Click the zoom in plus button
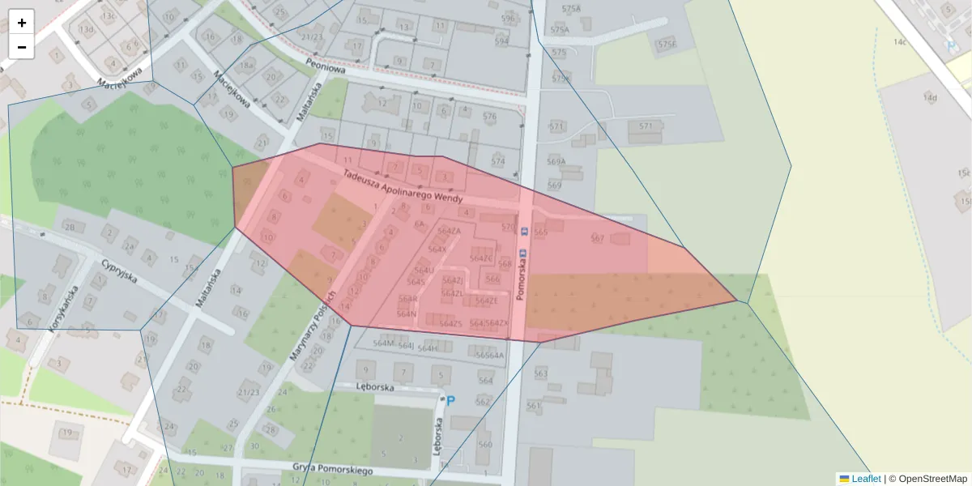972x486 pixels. pyautogui.click(x=22, y=22)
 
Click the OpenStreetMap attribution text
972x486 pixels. pyautogui.click(x=932, y=479)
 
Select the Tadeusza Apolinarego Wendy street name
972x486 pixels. pyautogui.click(x=403, y=186)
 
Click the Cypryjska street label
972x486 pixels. pyautogui.click(x=119, y=271)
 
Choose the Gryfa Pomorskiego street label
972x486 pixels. pyautogui.click(x=334, y=468)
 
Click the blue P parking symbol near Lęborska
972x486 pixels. pyautogui.click(x=450, y=400)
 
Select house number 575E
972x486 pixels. pyautogui.click(x=667, y=44)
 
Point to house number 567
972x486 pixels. pyautogui.click(x=598, y=238)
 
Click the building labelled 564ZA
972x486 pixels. pyautogui.click(x=449, y=231)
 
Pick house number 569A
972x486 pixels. pyautogui.click(x=556, y=161)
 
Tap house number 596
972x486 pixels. pyautogui.click(x=508, y=18)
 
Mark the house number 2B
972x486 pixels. pyautogui.click(x=70, y=228)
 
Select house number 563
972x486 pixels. pyautogui.click(x=541, y=373)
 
